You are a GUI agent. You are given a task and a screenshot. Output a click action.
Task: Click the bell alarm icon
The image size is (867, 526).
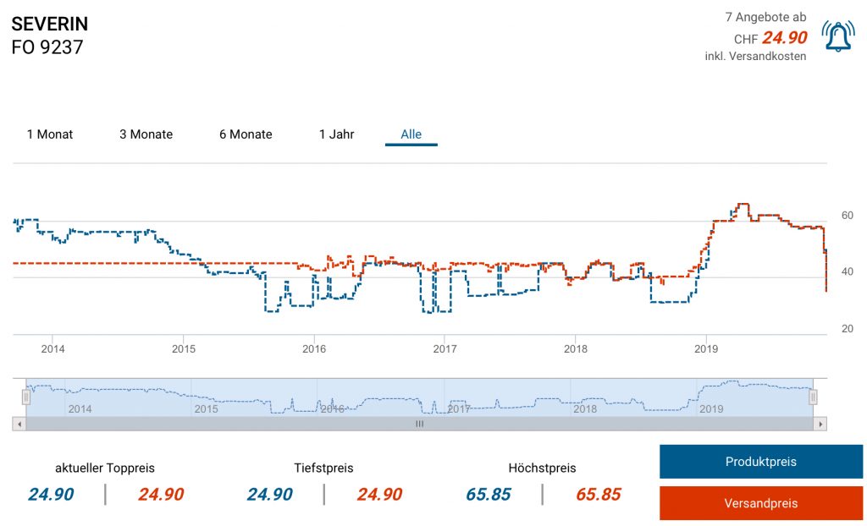point(838,36)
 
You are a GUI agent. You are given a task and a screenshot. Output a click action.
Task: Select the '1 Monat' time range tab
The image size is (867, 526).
point(50,134)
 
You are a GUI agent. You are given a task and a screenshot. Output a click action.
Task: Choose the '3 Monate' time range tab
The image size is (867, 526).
point(146,134)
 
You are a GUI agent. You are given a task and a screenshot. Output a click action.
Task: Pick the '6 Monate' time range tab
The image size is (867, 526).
point(246,134)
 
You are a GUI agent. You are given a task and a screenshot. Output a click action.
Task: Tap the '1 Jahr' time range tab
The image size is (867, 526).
point(336,134)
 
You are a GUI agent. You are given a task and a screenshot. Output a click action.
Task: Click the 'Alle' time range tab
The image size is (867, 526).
point(411,134)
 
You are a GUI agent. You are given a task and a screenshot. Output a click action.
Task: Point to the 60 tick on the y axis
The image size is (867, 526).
point(846,216)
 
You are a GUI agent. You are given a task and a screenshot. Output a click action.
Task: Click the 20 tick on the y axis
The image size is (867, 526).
point(846,328)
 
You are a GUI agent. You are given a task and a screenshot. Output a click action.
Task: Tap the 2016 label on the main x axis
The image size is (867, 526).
point(314,348)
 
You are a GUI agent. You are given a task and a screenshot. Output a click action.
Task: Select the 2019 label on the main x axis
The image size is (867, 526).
point(706,348)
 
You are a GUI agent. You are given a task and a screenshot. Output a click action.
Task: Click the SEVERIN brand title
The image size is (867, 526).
point(50,24)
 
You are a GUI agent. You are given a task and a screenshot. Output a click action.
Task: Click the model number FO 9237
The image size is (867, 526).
point(47,47)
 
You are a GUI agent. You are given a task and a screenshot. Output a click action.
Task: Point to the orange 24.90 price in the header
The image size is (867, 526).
point(784,38)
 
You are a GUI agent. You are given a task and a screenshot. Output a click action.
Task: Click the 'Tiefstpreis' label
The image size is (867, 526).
point(323,468)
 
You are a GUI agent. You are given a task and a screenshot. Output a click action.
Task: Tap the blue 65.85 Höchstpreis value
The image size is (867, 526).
point(489,495)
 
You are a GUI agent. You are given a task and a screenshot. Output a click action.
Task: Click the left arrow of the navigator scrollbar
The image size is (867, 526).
point(18,424)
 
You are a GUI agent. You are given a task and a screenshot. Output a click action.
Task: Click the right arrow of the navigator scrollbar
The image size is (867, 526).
point(820,424)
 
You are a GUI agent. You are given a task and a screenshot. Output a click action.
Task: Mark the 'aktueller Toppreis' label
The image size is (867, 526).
point(105,468)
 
